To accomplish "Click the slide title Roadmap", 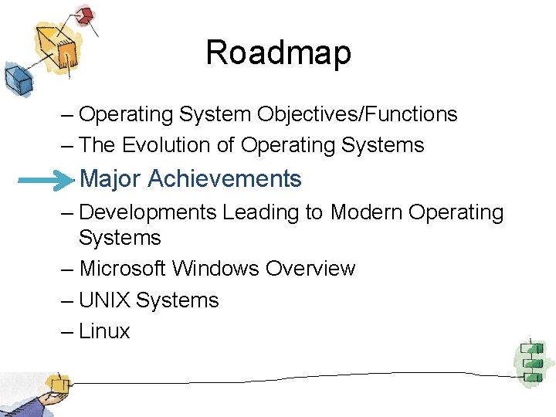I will click(x=278, y=53).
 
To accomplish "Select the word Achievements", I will click(x=224, y=179).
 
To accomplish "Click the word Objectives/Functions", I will click(x=358, y=115).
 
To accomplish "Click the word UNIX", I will click(x=104, y=300).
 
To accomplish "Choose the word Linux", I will click(x=104, y=332).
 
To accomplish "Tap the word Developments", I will click(x=147, y=212).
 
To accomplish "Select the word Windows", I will click(x=215, y=269).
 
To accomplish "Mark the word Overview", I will click(x=310, y=269).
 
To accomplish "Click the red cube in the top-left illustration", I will click(x=84, y=15).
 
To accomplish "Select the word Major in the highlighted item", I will click(x=111, y=179).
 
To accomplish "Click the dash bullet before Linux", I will click(x=67, y=332).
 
